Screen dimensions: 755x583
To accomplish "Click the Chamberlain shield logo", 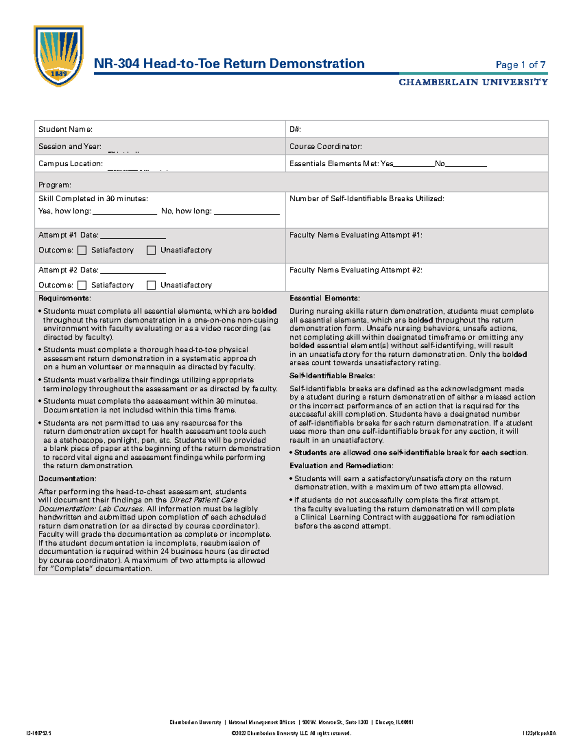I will coord(58,55).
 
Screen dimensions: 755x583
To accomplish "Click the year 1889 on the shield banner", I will coord(58,74).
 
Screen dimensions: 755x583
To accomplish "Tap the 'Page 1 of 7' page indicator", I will coord(520,65).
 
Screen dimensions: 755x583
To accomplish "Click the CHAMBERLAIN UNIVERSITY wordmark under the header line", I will coord(473,82).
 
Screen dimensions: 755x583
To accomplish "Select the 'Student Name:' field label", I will coord(65,129).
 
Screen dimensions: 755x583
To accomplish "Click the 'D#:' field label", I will coord(295,129).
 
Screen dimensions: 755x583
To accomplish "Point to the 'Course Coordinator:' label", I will coord(326,146).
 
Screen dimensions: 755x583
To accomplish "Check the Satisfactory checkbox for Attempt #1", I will coord(82,250).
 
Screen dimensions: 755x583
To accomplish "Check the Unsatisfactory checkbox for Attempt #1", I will coord(151,250).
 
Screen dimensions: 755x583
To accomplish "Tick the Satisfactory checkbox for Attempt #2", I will coord(82,285).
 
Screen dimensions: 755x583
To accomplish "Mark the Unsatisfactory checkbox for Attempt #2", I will coord(151,285).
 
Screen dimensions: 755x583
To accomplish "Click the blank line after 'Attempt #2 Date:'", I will coord(133,272).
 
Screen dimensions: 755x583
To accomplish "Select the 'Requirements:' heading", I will coord(65,298).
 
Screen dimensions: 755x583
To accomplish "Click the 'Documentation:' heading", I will coord(67,478).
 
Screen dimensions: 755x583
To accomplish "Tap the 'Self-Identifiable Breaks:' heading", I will coord(332,376).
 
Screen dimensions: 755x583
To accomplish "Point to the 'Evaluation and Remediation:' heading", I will coord(341,465).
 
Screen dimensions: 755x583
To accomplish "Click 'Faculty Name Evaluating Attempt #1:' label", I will coord(356,235).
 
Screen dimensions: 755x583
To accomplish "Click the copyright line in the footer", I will coord(291,733).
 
